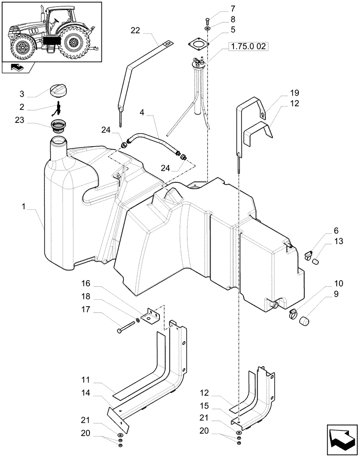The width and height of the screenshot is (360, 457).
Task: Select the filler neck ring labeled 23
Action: [58, 125]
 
